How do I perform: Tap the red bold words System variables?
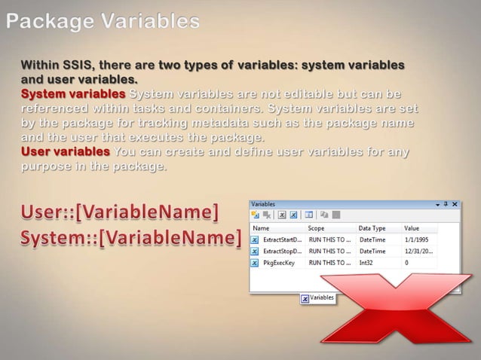pos(73,95)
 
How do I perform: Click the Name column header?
pos(261,227)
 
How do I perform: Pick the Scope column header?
pos(316,227)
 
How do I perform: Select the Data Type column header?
pos(372,227)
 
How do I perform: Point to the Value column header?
pos(412,227)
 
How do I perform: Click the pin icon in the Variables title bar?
pos(446,204)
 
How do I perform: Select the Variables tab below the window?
pos(317,297)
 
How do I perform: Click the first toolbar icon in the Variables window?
pos(256,215)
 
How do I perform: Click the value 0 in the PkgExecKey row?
pos(406,263)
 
